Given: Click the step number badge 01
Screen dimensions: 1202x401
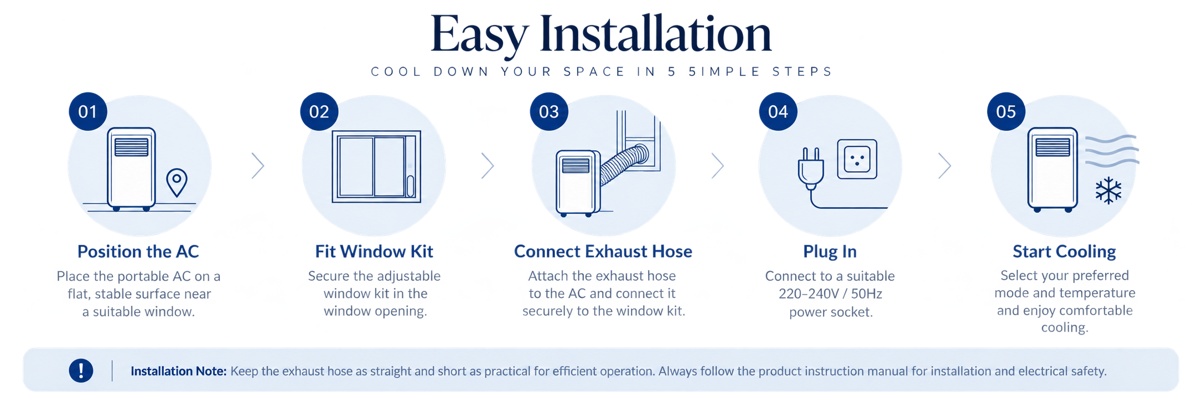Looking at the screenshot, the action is pos(87,111).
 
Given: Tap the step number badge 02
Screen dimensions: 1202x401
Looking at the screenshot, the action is pos(319,111).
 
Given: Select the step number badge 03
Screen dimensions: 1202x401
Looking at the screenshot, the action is pos(549,111).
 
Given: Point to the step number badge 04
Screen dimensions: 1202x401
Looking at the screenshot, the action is pos(778,111).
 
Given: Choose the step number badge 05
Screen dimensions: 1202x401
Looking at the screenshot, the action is pos(1006,111).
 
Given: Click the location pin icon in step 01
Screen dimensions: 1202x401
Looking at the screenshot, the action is pos(177,182).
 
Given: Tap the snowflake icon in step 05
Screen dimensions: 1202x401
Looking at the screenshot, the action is pos(1108,191).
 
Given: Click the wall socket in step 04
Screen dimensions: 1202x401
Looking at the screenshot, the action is pos(857,159).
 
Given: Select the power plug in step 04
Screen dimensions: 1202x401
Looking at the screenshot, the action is pos(811,168).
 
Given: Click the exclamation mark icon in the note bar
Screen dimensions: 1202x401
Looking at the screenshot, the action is pos(81,371).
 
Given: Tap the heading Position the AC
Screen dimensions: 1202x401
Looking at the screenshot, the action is pos(138,251).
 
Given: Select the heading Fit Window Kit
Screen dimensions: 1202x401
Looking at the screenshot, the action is pos(374,251).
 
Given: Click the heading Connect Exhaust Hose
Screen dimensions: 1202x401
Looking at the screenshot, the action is pos(603,251).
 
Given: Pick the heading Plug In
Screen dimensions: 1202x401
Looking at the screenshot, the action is pos(830,252).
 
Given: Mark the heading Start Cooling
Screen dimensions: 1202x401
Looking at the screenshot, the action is pos(1064,252).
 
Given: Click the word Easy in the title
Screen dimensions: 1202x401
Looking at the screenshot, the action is pos(479,35).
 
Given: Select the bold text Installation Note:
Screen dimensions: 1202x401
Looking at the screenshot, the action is pos(179,371).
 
